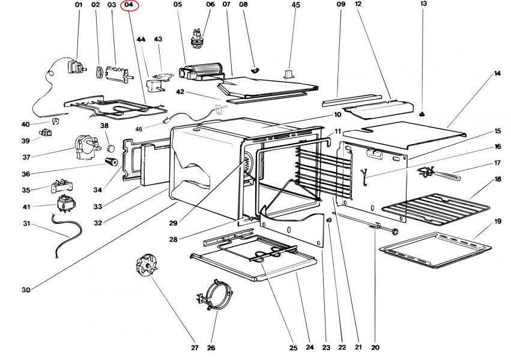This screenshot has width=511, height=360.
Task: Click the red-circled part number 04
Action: pos(129,5)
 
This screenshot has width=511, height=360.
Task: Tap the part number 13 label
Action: pos(423,4)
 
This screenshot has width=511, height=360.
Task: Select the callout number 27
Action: pos(195,347)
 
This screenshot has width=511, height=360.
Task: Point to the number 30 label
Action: pos(26,290)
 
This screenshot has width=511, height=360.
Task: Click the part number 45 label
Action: pos(295,5)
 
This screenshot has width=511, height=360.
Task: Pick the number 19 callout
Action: pos(498,221)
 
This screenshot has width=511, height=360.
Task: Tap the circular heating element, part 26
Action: pos(215,296)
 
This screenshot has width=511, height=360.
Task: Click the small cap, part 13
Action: pos(423,112)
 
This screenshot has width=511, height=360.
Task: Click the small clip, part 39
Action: pos(46,132)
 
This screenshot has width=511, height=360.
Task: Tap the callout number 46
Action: pos(139,128)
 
